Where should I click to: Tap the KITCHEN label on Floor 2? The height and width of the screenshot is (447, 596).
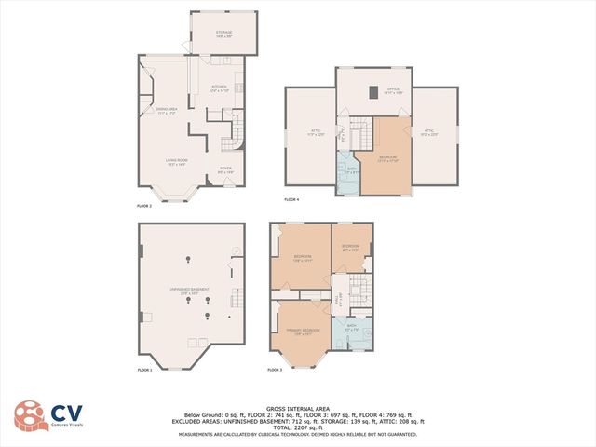click(x=219, y=88)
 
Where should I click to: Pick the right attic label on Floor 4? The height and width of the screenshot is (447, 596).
click(x=429, y=133)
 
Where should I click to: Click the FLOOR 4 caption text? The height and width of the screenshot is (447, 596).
click(x=292, y=199)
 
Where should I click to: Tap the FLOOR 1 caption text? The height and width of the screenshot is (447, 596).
click(x=144, y=371)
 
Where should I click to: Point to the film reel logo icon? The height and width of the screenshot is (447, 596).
click(x=28, y=416)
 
